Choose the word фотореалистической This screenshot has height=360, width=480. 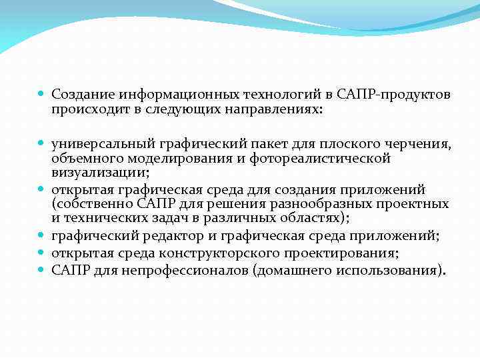point(329,159)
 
